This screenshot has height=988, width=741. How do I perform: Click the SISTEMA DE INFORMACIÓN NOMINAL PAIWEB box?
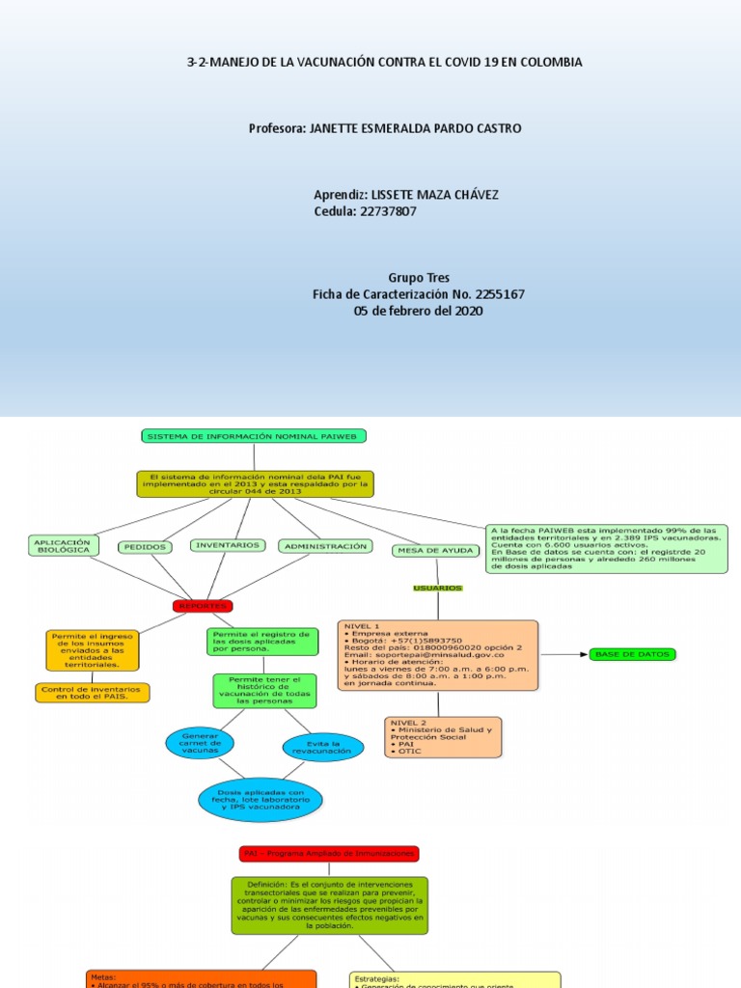pos(254,436)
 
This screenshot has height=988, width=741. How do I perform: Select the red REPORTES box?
pos(203,606)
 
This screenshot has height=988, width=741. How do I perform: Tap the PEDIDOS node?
pos(145,547)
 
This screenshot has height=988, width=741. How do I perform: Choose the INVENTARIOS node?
pos(228,545)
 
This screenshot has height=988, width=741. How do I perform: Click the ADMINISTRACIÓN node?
pos(325,546)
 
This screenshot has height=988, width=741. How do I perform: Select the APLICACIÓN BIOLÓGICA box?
pos(63,546)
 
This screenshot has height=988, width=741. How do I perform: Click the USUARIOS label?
pos(437,588)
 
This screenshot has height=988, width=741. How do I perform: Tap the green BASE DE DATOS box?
pos(633,654)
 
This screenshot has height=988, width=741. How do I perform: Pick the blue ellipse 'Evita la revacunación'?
pos(323,747)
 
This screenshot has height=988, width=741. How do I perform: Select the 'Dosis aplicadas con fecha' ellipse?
pos(261,800)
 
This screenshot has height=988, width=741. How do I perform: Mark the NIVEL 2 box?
pos(442,737)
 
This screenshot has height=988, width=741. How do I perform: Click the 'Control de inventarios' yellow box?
pos(91,693)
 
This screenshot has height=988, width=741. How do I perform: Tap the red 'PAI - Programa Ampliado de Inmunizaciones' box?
pos(329,854)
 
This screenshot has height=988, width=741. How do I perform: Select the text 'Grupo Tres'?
pos(419,277)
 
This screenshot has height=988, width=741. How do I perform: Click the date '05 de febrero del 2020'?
pos(419,311)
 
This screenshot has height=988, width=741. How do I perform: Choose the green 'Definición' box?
pos(329,905)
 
